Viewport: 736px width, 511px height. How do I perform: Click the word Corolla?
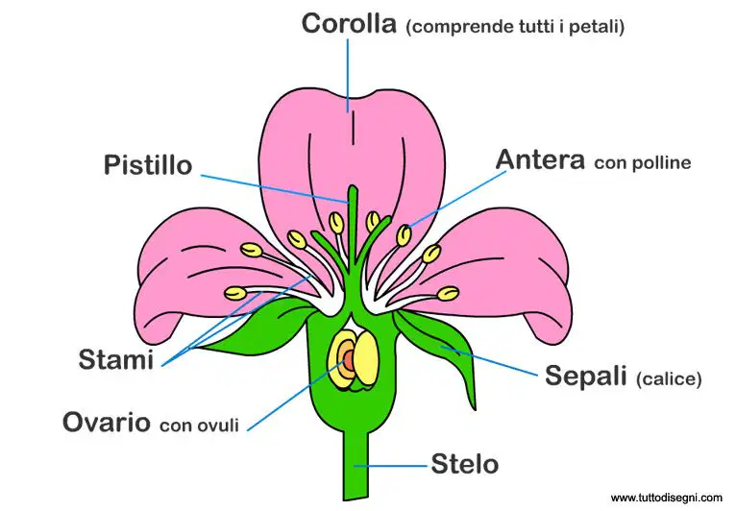coord(349,23)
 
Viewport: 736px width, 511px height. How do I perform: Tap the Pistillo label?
coord(148,165)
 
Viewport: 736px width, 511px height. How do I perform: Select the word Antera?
coord(540,160)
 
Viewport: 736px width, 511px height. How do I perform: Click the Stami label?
coord(116,360)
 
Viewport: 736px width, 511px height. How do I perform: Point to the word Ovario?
coord(107,422)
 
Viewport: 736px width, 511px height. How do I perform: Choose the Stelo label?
coord(465,464)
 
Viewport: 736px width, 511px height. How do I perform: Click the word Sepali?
coord(586,375)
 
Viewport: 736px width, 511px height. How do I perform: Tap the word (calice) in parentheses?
coord(669,378)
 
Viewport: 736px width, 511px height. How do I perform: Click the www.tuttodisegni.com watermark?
coord(667,498)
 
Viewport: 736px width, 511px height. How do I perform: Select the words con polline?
coord(642,163)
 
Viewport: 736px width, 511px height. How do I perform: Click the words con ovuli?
coord(200,426)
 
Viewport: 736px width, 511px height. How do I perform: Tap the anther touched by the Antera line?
coord(404,235)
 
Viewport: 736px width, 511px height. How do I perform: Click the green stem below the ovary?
coord(356,465)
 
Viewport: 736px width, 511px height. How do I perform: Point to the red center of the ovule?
coord(349,360)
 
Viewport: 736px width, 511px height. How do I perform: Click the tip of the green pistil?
coord(353,187)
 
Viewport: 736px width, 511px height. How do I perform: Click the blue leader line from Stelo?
coord(390,466)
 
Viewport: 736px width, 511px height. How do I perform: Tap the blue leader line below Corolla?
coord(348,75)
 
